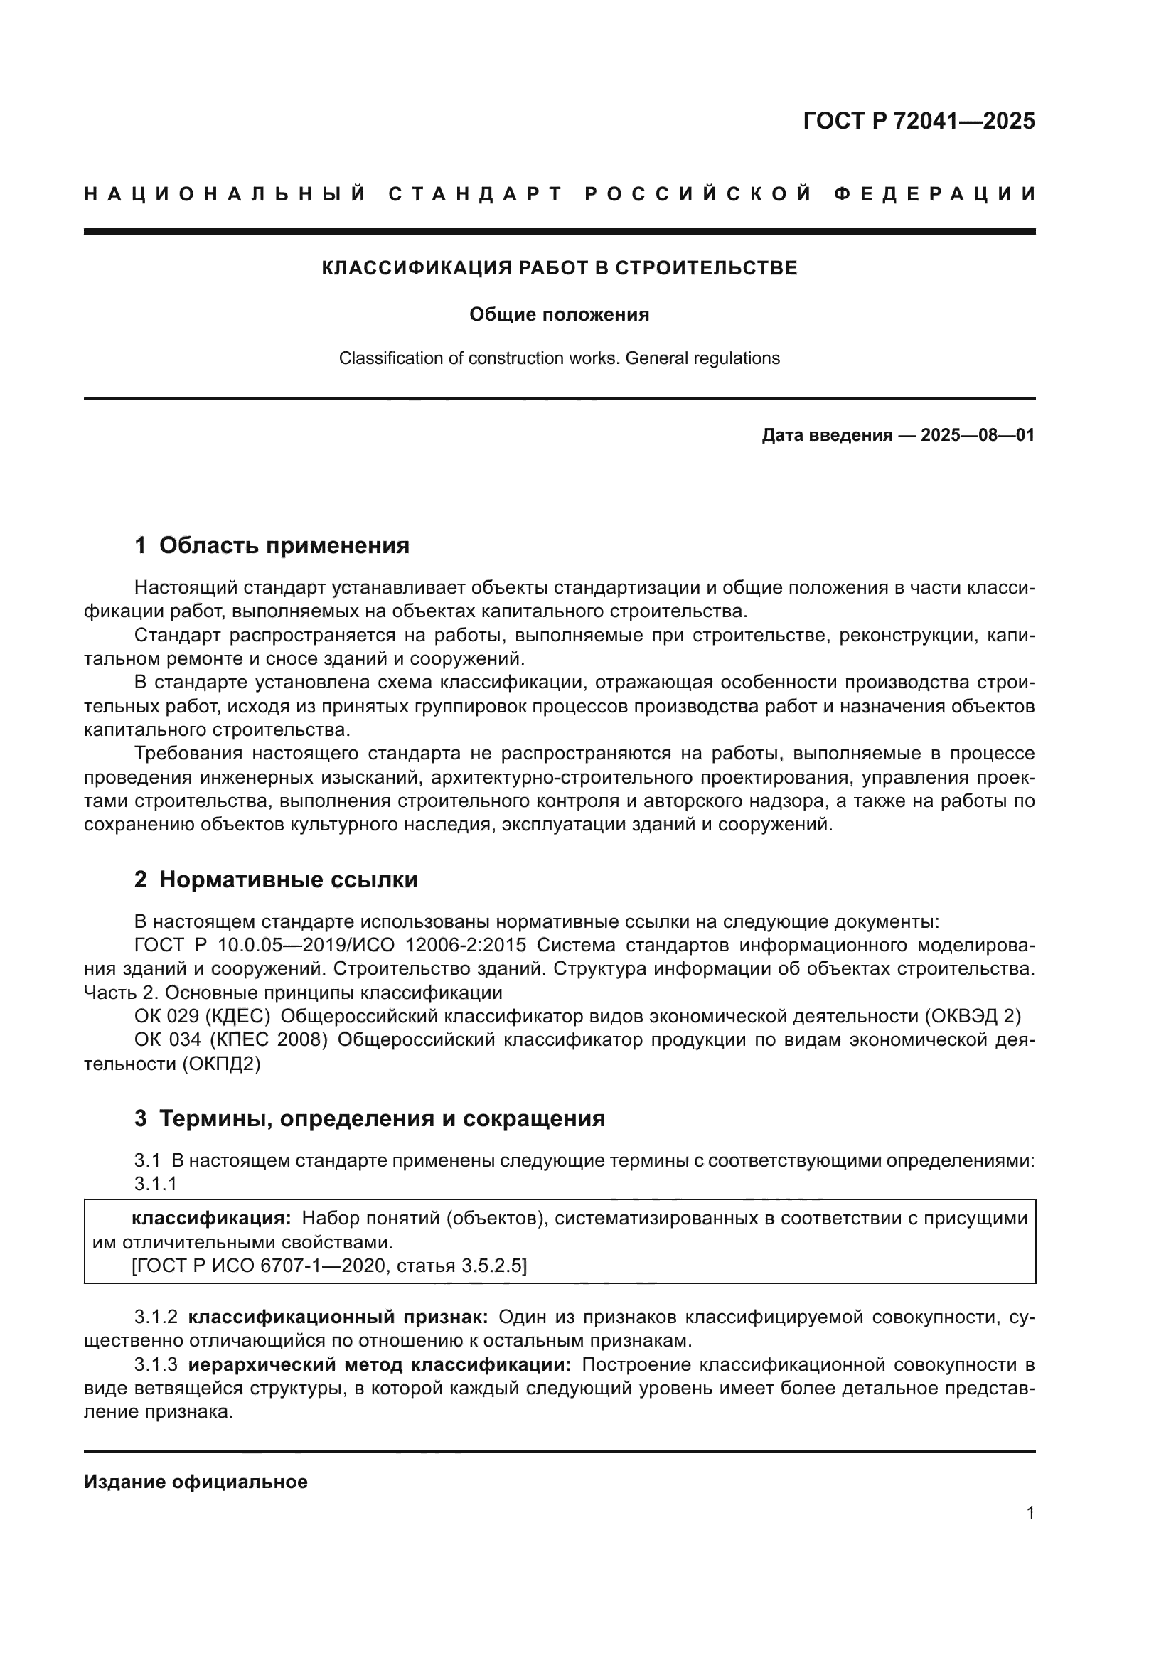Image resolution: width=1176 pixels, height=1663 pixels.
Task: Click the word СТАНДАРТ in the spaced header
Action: pos(476,194)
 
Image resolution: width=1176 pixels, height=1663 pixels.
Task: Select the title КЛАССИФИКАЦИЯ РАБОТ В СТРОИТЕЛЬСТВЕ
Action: pos(559,268)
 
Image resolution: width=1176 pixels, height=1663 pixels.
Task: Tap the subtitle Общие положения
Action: pos(559,314)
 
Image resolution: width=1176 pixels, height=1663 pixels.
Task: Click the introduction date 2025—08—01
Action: pos(978,435)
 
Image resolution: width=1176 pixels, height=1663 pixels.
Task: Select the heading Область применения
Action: pos(284,545)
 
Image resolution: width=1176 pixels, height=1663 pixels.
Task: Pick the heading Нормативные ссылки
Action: pos(288,880)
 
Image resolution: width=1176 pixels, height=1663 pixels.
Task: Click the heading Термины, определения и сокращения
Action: pos(382,1118)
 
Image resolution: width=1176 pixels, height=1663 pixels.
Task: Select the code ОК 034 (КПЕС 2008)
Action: pos(231,1040)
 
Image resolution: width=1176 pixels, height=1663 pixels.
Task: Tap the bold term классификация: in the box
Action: pos(210,1219)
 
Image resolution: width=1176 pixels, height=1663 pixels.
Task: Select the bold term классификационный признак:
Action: pos(338,1317)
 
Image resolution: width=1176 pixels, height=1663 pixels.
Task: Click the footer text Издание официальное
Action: pos(196,1482)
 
